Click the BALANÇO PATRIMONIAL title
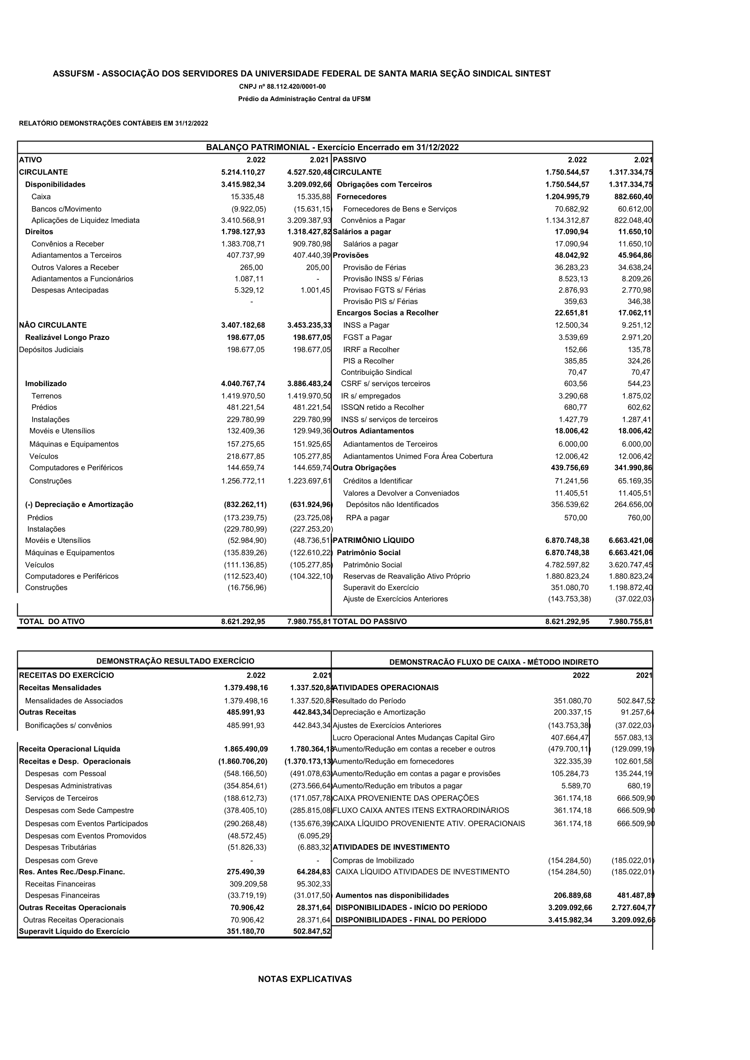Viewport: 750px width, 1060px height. (332, 147)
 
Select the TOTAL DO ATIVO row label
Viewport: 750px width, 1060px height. (52, 621)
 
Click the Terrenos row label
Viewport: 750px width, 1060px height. (46, 396)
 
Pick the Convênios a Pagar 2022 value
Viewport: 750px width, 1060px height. (567, 220)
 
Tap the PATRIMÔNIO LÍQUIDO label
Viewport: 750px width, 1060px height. (373, 540)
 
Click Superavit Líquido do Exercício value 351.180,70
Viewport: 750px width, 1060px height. (245, 931)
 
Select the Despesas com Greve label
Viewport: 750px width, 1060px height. (61, 860)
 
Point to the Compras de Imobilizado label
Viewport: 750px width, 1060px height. (373, 860)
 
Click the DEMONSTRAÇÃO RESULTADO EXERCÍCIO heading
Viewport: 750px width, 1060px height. (175, 661)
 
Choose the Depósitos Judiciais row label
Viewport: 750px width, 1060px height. (51, 349)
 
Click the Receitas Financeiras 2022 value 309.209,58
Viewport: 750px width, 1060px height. (248, 884)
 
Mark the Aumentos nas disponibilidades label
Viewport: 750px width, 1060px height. (392, 895)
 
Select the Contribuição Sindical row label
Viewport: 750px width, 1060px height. (376, 372)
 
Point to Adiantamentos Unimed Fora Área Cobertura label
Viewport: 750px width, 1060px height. (418, 456)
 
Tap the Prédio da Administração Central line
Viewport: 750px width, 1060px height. (304, 99)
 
